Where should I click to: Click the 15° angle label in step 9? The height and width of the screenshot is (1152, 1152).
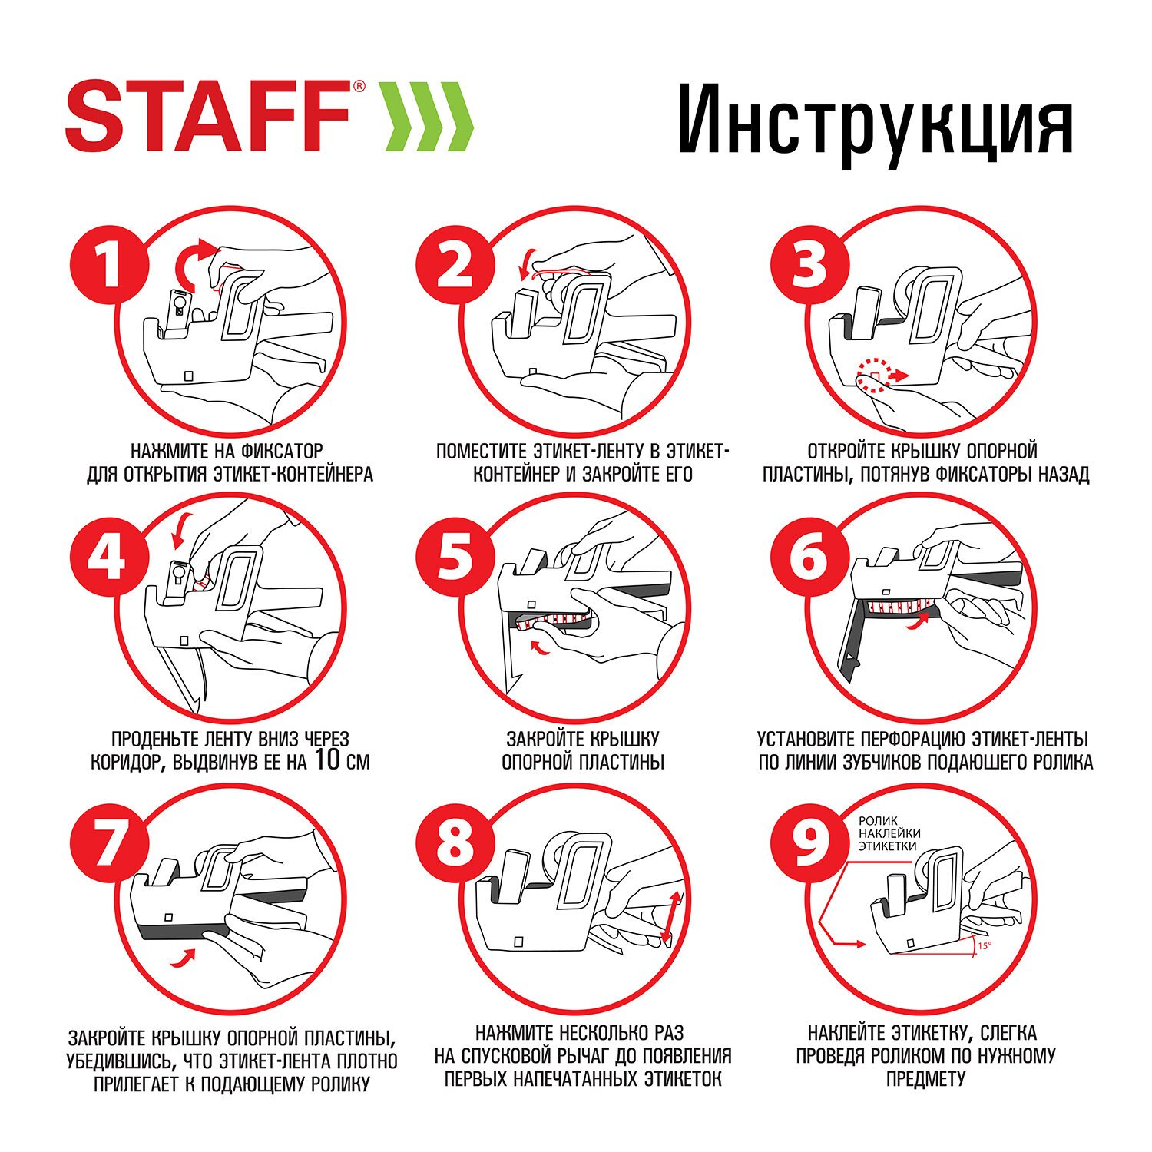(984, 946)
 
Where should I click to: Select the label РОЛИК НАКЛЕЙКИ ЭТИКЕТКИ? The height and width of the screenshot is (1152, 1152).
(889, 833)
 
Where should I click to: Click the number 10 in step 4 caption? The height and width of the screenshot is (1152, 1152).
(327, 760)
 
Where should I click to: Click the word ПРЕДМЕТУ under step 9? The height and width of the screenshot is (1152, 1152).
(925, 1079)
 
